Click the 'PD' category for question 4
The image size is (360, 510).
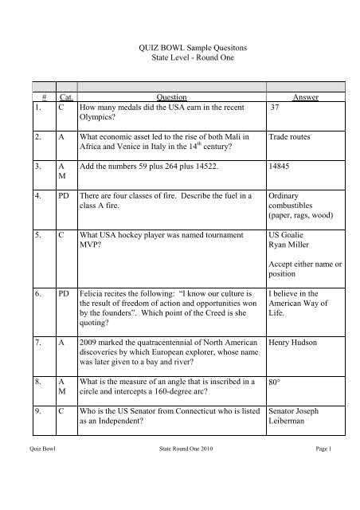61,196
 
